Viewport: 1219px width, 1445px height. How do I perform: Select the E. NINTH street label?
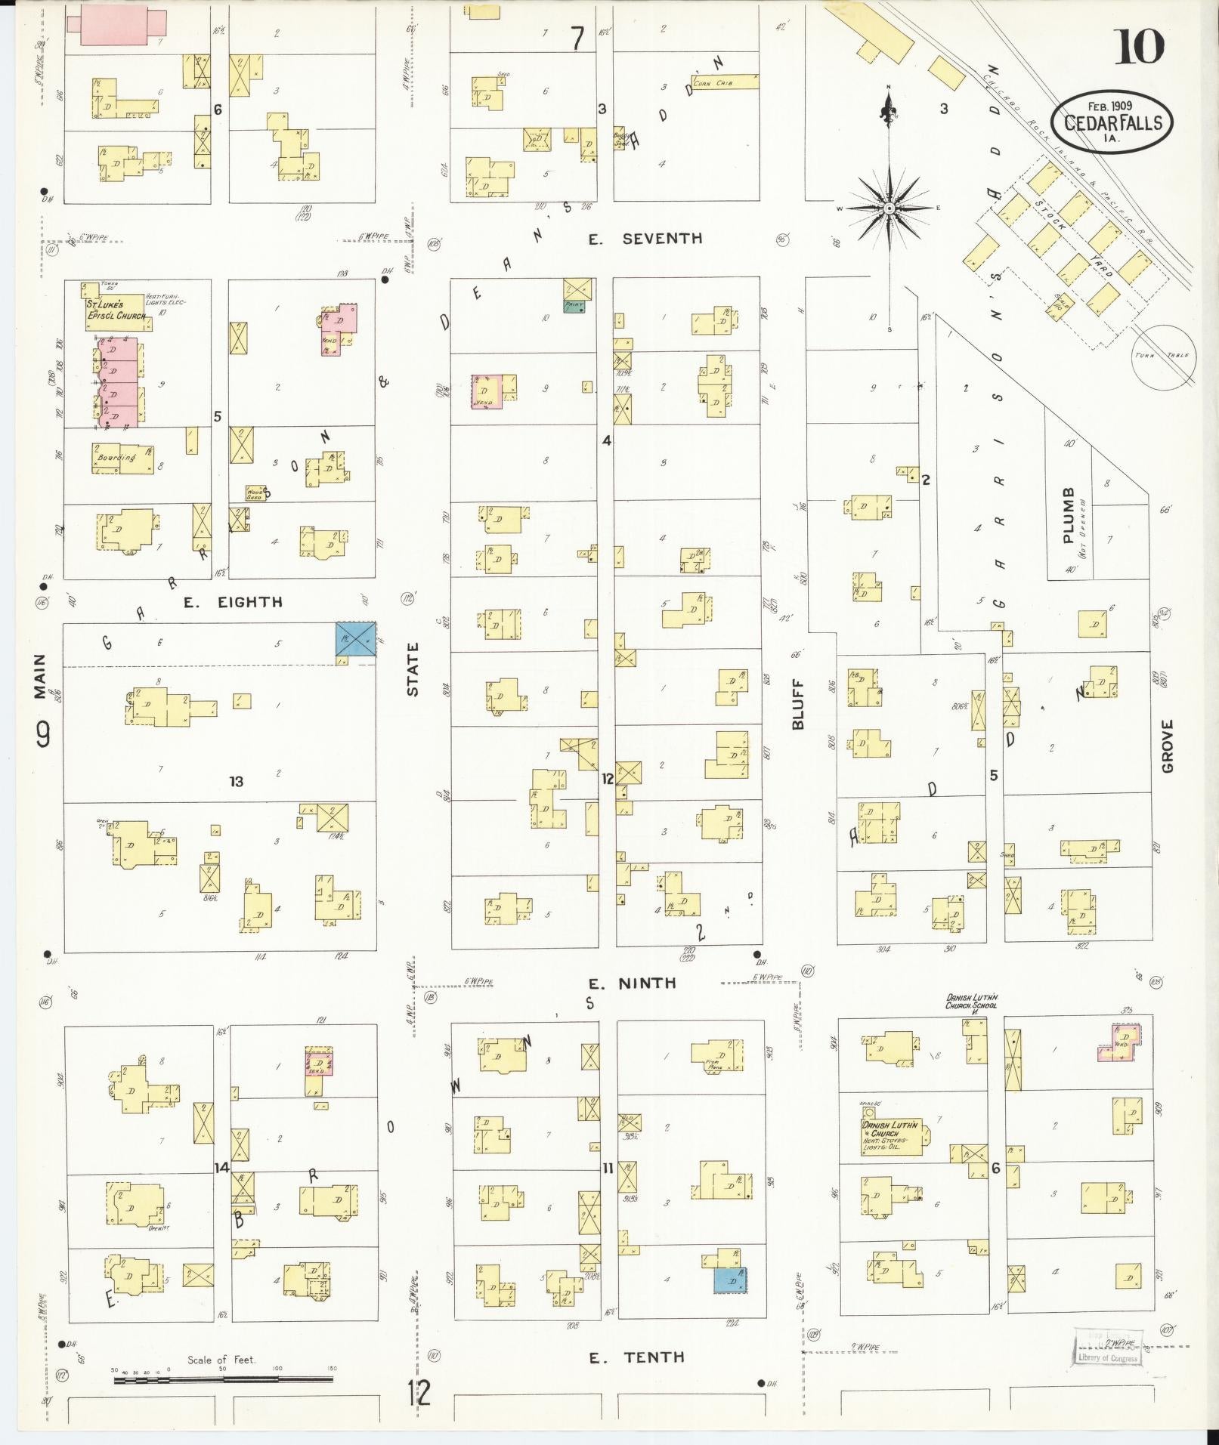(632, 983)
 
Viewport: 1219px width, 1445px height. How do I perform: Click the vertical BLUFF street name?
(798, 703)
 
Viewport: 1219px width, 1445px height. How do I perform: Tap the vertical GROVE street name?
(1168, 746)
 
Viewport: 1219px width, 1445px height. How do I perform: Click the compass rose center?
(889, 208)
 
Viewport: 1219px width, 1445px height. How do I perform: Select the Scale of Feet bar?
(223, 1379)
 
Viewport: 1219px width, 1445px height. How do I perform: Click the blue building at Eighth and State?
(355, 639)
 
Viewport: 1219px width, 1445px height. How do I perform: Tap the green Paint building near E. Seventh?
(578, 305)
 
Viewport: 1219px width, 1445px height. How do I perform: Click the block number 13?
(237, 781)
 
